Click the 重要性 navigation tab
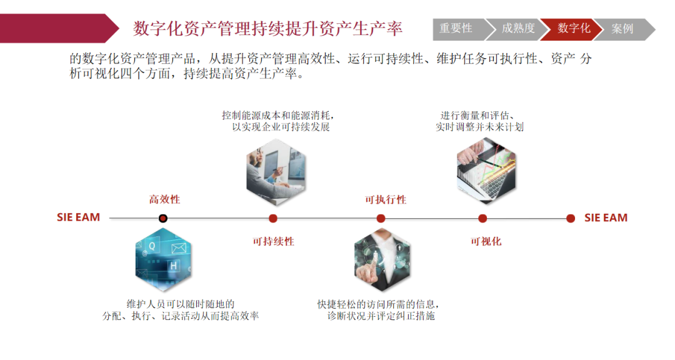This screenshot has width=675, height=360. pyautogui.click(x=456, y=29)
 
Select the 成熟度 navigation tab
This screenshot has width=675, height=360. pyautogui.click(x=518, y=29)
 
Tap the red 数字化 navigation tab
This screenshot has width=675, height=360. pyautogui.click(x=574, y=29)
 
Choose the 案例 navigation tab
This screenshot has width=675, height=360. pyautogui.click(x=622, y=29)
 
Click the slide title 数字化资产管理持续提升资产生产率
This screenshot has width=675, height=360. pyautogui.click(x=267, y=28)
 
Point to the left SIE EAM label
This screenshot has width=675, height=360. pyautogui.click(x=78, y=218)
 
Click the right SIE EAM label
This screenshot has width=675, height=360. pyautogui.click(x=606, y=218)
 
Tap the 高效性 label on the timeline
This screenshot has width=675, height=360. pyautogui.click(x=164, y=199)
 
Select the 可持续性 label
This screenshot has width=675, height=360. pyautogui.click(x=273, y=241)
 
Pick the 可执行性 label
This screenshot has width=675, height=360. pyautogui.click(x=386, y=199)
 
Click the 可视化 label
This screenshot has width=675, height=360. pyautogui.click(x=486, y=241)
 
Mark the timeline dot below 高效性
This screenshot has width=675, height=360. pyautogui.click(x=163, y=218)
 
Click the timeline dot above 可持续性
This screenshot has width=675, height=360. pyautogui.click(x=273, y=218)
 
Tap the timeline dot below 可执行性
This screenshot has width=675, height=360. pyautogui.click(x=381, y=218)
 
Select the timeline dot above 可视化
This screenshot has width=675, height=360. pyautogui.click(x=482, y=218)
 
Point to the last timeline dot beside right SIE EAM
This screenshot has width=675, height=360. pyautogui.click(x=571, y=218)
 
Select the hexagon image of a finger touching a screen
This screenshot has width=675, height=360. pyautogui.click(x=382, y=261)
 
